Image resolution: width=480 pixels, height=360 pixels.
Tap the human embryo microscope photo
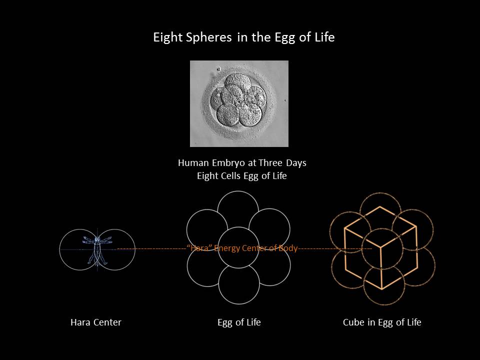[x=239, y=103]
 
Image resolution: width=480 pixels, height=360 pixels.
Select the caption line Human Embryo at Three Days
[x=242, y=163]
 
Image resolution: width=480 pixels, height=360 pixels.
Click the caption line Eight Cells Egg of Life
[x=242, y=176]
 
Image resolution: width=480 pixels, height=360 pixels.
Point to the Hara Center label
[x=96, y=322]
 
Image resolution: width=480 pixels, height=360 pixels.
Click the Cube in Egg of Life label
[x=382, y=322]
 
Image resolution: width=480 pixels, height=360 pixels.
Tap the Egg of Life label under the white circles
[x=239, y=322]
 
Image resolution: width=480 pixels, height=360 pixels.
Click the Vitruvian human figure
[x=97, y=249]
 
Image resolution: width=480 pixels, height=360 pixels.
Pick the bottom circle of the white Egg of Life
[x=239, y=304]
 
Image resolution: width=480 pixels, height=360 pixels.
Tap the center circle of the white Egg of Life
[x=238, y=227]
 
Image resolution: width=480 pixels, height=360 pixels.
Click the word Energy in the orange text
[x=226, y=248]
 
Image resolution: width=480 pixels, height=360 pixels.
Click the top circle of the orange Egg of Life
[x=380, y=193]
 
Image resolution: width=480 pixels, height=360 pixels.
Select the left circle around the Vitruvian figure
[x=59, y=249]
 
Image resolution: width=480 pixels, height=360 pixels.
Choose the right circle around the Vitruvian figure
[x=135, y=249]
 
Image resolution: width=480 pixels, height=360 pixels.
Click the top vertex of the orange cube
[x=380, y=206]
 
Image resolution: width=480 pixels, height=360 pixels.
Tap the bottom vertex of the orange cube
[x=382, y=289]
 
